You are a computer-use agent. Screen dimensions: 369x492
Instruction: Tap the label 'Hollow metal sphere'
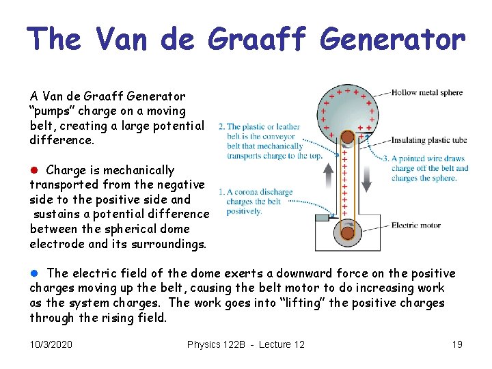click(427, 93)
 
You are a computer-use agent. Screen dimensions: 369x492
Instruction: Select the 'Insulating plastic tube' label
click(429, 140)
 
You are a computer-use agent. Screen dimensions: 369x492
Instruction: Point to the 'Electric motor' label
click(416, 225)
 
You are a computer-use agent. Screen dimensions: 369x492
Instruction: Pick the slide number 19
click(457, 344)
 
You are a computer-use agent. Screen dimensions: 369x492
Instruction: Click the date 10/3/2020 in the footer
click(51, 344)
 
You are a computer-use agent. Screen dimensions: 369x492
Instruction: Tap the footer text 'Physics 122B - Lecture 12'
click(246, 344)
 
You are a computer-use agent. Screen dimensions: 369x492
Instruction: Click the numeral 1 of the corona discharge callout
click(220, 193)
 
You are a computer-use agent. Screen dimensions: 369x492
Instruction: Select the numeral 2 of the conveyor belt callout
click(220, 126)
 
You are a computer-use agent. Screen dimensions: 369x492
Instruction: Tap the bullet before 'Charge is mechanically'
click(34, 170)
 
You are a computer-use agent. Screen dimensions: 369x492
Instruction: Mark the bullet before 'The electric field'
click(34, 273)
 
